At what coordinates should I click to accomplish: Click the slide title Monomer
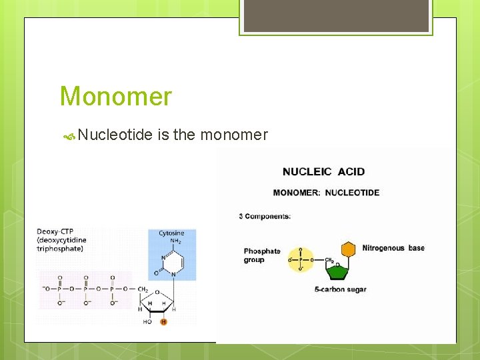coord(115,97)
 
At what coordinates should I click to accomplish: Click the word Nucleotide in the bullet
coord(115,135)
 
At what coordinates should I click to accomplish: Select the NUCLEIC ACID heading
coord(323,171)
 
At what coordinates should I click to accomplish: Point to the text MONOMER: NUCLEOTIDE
coord(326,193)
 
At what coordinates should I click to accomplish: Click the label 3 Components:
coord(265,216)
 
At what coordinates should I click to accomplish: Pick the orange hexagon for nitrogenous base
coord(348,249)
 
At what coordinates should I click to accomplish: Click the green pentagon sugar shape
coord(338,270)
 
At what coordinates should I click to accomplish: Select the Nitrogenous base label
coord(393,248)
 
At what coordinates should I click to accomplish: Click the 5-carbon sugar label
coord(340,289)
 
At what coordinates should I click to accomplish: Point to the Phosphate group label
coord(261,255)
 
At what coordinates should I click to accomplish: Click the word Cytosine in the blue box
coord(171,233)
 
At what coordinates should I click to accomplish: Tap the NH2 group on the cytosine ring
coord(176,241)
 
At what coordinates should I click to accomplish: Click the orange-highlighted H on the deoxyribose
coord(164,322)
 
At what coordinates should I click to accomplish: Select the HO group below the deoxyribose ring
coord(147,322)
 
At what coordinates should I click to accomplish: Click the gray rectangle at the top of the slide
coord(335,15)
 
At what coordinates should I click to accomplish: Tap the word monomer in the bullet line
coord(234,135)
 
